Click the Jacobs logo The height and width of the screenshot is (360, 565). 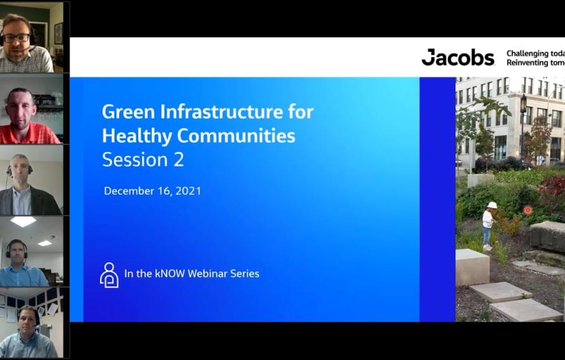(x=458, y=58)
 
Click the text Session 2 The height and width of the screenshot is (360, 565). (x=143, y=160)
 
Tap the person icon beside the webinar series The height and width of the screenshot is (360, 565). (x=109, y=274)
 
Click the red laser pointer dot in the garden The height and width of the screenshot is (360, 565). (x=527, y=210)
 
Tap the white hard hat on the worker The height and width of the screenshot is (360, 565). (x=492, y=205)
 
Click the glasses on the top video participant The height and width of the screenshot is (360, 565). (x=17, y=38)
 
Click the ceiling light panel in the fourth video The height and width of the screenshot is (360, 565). (x=23, y=221)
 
